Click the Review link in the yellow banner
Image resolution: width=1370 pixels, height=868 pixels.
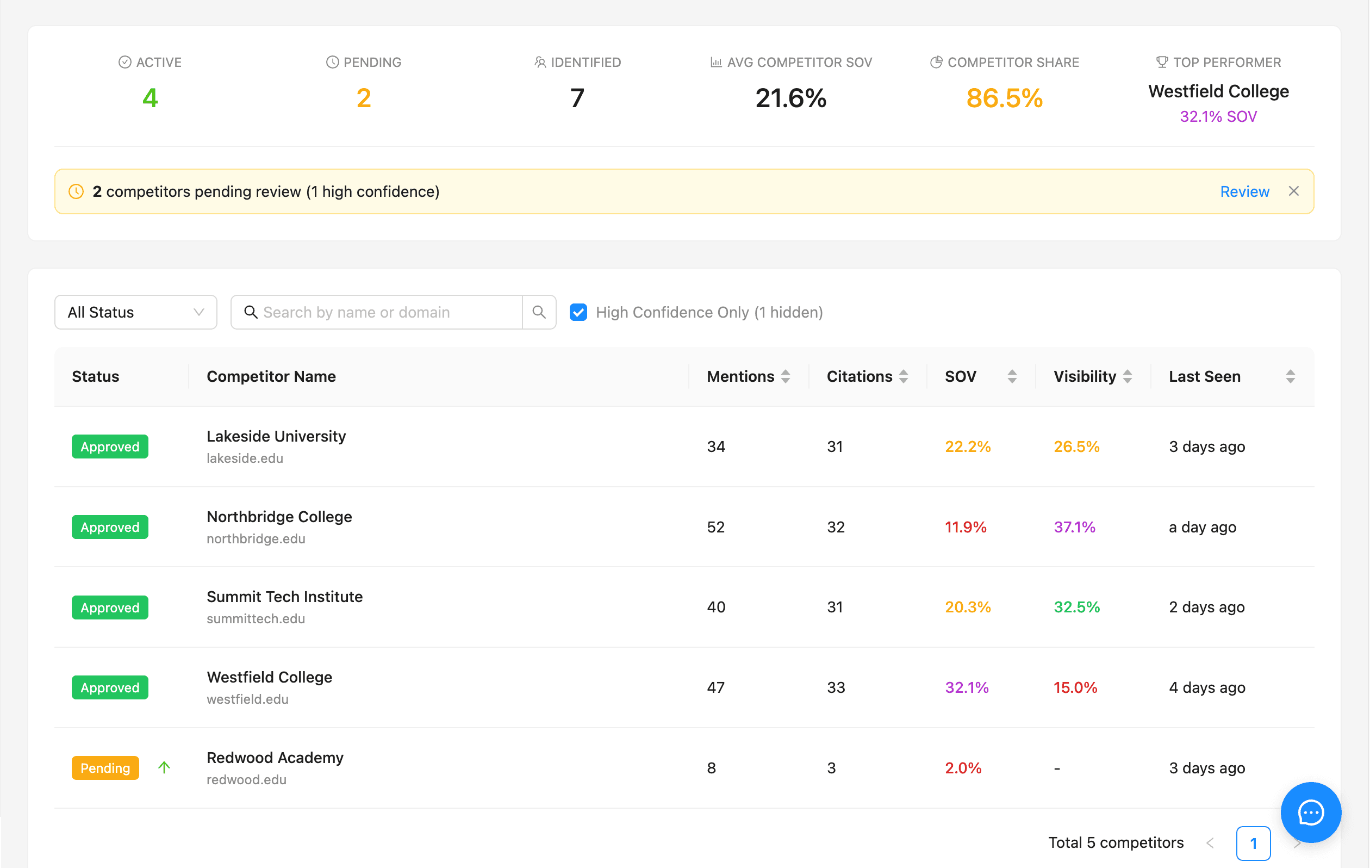tap(1244, 192)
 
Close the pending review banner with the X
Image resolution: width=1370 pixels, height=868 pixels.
tap(1293, 191)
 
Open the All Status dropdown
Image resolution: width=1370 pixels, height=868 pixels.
tap(135, 312)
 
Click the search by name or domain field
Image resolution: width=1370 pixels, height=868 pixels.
tap(387, 312)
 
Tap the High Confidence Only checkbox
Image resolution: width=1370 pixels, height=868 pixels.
tap(578, 312)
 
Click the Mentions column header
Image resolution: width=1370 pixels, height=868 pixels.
tap(740, 376)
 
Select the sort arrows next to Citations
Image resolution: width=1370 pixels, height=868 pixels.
tap(903, 376)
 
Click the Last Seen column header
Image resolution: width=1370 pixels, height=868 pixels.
tap(1204, 376)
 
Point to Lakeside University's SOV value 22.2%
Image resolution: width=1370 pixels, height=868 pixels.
tap(967, 447)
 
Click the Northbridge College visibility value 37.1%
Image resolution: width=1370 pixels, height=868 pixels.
tap(1074, 527)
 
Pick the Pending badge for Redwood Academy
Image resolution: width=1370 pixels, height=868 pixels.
tap(105, 768)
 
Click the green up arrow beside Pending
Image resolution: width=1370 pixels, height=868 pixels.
tap(164, 767)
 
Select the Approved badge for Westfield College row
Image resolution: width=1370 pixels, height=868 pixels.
tap(110, 687)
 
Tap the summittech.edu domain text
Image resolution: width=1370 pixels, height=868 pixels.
tap(256, 619)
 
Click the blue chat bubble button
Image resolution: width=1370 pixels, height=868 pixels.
tap(1310, 812)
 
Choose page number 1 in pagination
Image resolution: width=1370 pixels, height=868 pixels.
tap(1253, 843)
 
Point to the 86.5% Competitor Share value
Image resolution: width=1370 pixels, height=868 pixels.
tap(1004, 98)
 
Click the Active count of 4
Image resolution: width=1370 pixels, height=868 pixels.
tap(150, 98)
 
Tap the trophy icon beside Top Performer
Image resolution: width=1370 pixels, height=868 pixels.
tap(1162, 62)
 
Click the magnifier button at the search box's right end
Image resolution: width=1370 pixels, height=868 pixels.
tap(539, 312)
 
